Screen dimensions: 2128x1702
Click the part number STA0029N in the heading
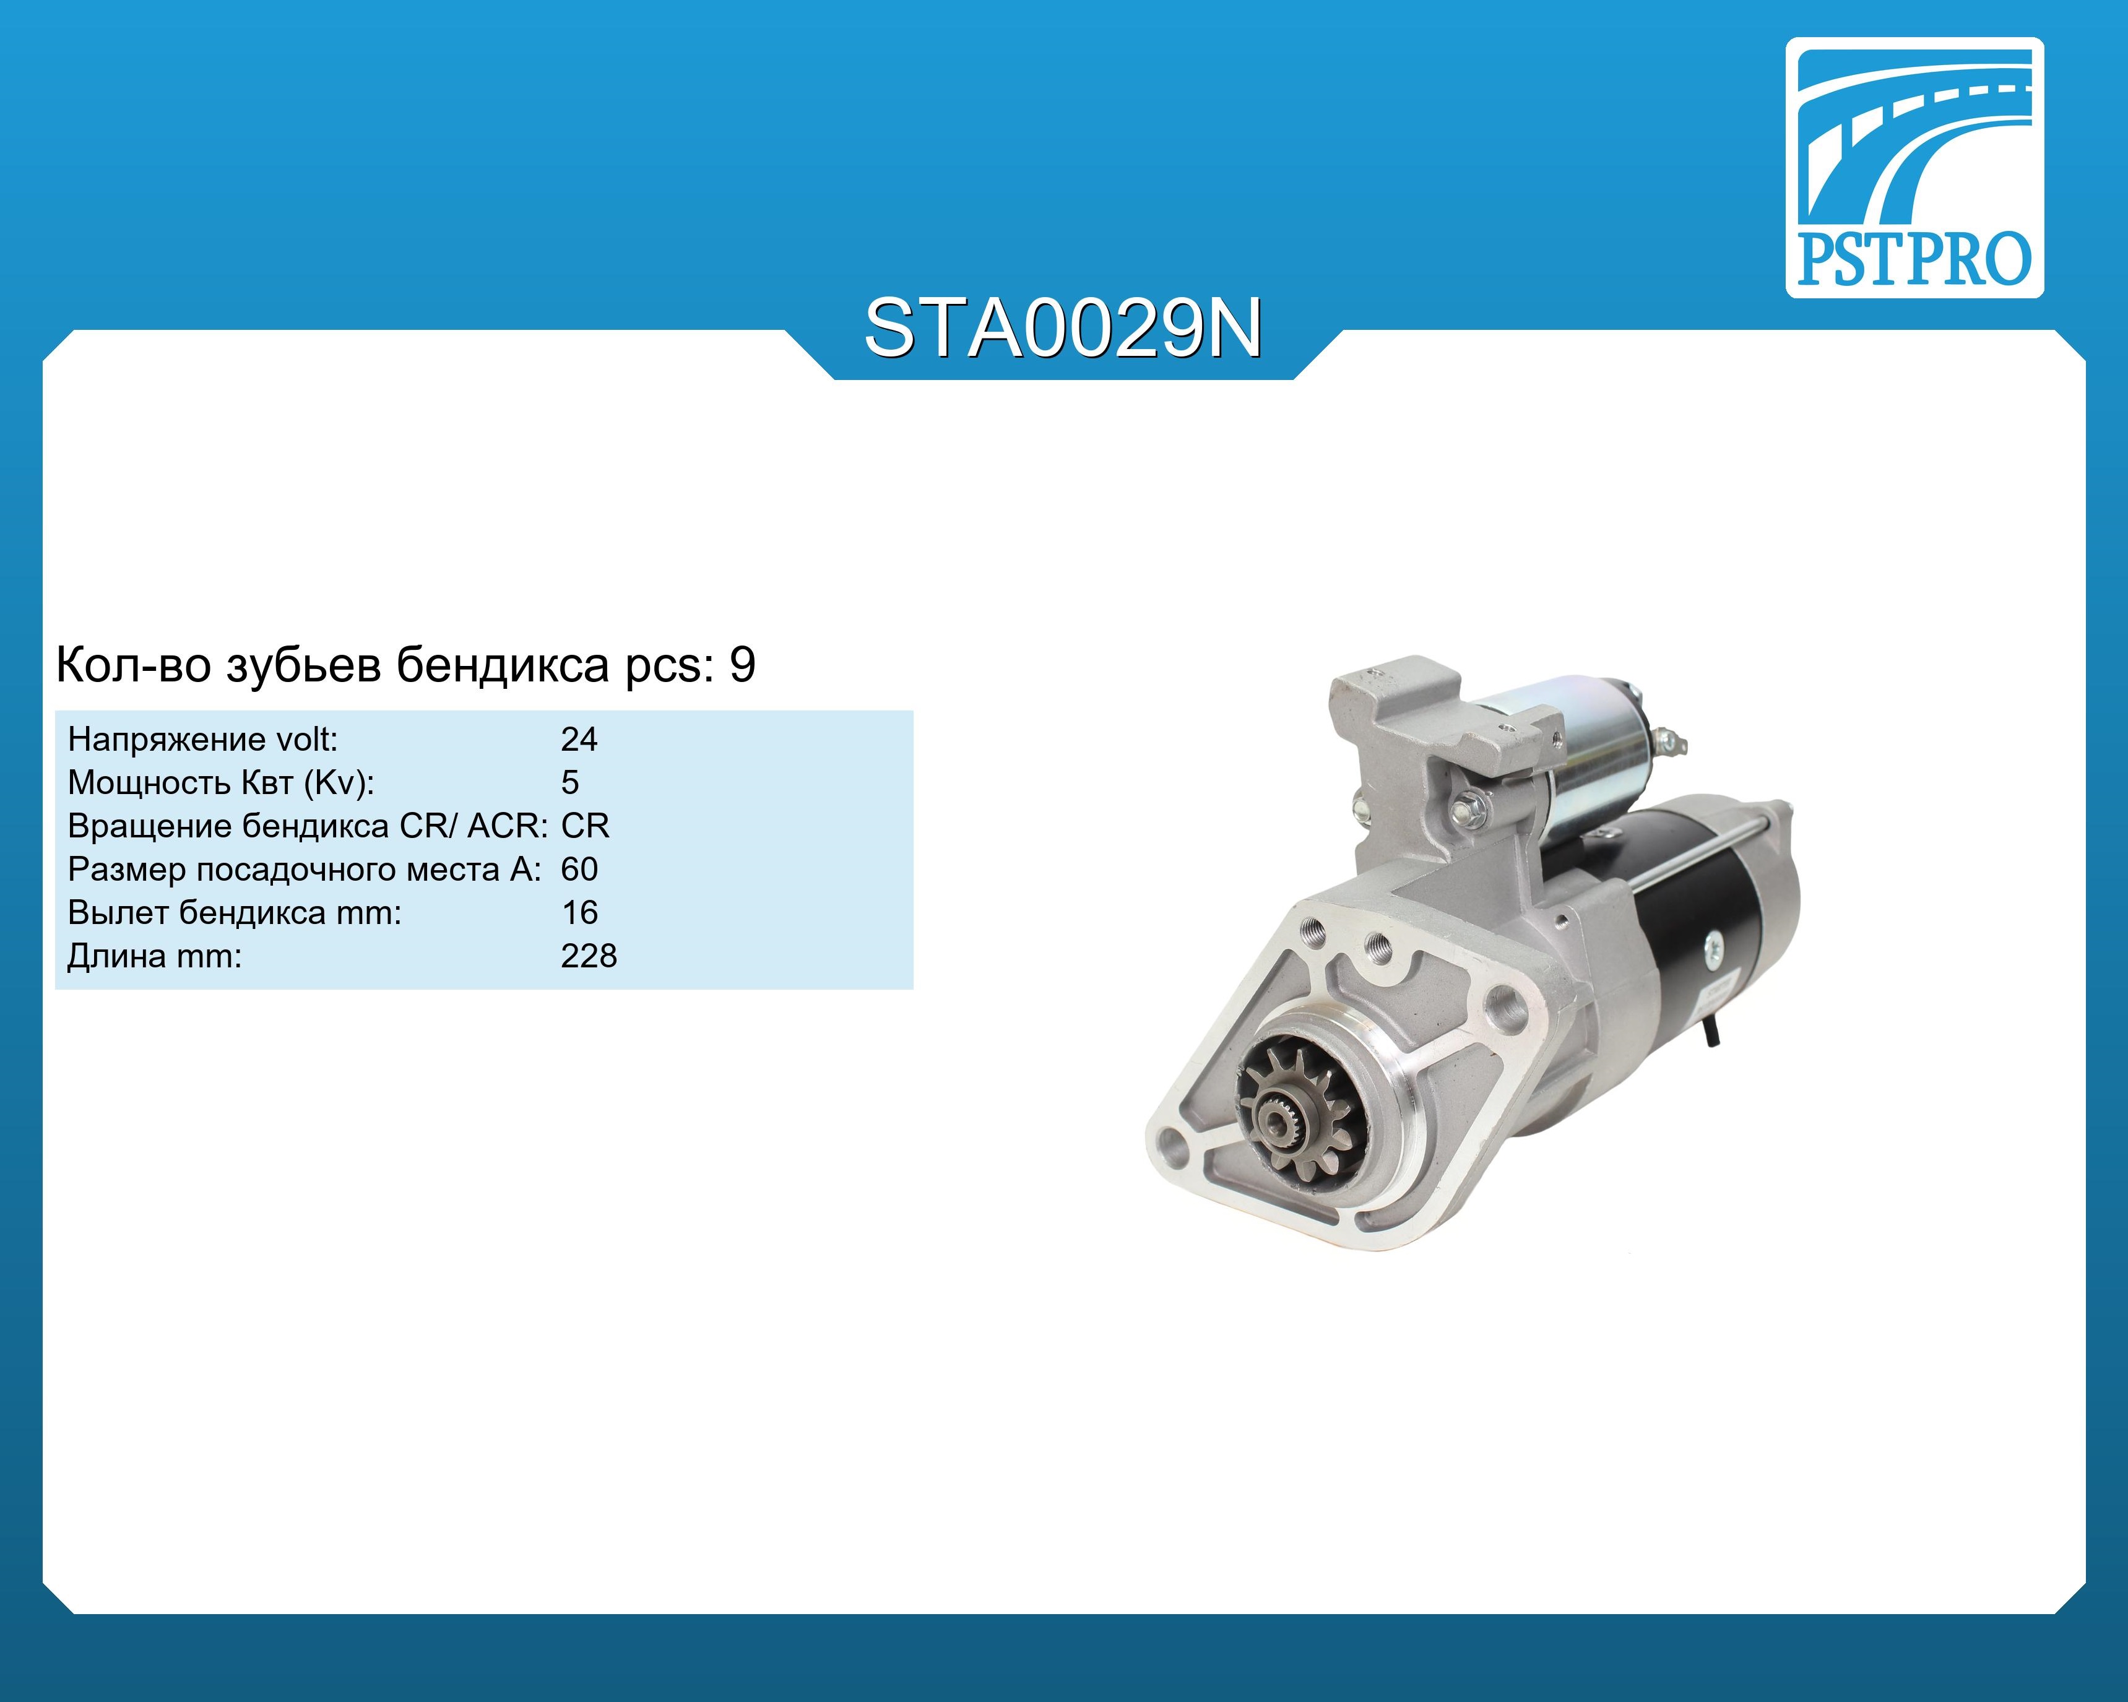coord(1063,329)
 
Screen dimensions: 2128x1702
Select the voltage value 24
coord(579,739)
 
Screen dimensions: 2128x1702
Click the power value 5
coord(569,782)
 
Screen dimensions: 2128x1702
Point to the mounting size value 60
coord(579,869)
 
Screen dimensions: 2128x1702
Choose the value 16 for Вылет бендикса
coord(579,913)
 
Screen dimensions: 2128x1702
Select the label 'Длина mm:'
coord(154,957)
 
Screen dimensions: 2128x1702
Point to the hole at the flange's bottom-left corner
coord(1172,1146)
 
